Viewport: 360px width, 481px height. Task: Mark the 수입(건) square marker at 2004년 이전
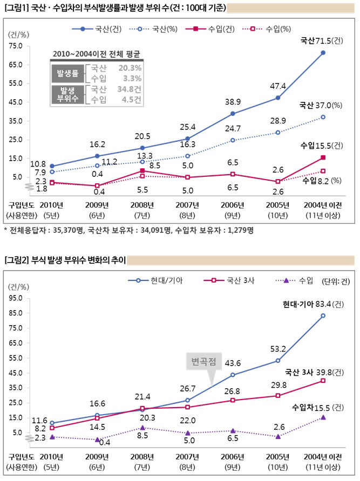pos(323,157)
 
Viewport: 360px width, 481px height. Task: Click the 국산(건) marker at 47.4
pos(278,98)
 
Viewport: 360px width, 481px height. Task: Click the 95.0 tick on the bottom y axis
pos(15,298)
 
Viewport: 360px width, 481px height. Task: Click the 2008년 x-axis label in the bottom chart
pos(141,456)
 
